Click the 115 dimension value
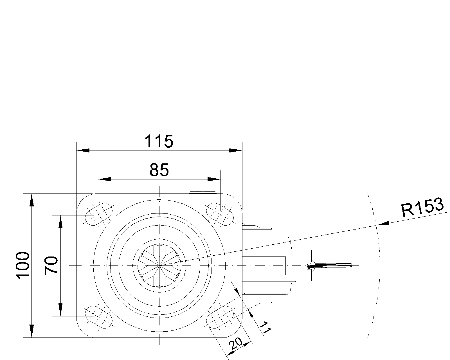point(159,141)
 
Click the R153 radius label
point(423,207)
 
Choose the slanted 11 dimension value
point(265,328)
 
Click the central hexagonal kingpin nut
point(159,265)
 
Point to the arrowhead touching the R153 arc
point(382,224)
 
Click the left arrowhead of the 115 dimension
point(83,150)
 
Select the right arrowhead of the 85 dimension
point(214,179)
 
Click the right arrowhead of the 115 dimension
point(235,150)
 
